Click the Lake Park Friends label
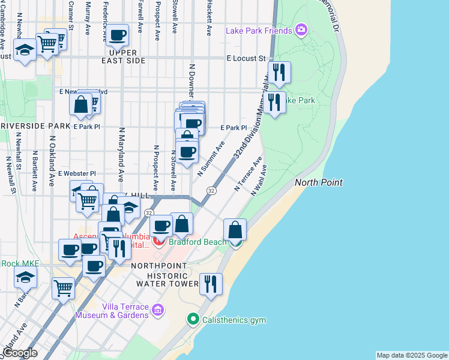click(x=259, y=31)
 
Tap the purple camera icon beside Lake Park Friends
click(x=301, y=29)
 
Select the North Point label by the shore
click(x=318, y=182)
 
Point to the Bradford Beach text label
click(x=197, y=242)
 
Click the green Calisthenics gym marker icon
click(x=193, y=319)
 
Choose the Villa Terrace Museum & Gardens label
click(x=112, y=310)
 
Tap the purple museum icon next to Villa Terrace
click(x=158, y=310)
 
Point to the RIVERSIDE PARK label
click(x=35, y=126)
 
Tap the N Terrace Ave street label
click(x=248, y=175)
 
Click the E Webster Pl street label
click(x=77, y=173)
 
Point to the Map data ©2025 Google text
click(x=412, y=355)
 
